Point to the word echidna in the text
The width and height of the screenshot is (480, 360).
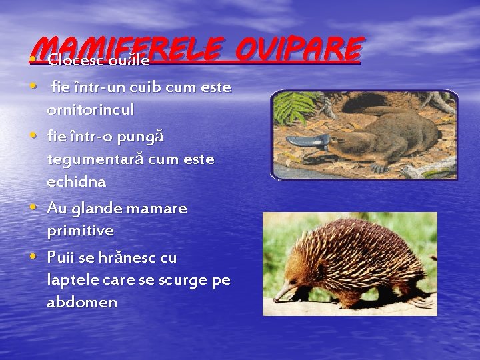(x=76, y=181)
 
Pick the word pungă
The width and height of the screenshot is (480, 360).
(x=139, y=137)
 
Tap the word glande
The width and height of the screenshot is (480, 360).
(x=99, y=208)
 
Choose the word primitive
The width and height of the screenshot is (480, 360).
(x=80, y=231)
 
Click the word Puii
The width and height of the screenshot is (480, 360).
(x=61, y=257)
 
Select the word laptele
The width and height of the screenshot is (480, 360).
(x=73, y=280)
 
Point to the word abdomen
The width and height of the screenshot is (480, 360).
(x=82, y=302)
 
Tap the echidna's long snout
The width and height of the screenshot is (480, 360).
(x=285, y=291)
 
